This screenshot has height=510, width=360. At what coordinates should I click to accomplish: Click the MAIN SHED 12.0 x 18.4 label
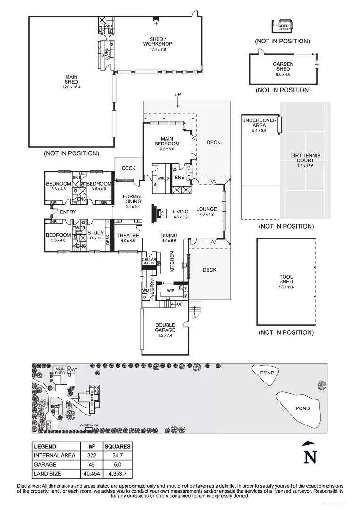pyautogui.click(x=71, y=82)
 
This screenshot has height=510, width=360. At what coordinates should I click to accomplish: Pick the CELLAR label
pyautogui.click(x=149, y=260)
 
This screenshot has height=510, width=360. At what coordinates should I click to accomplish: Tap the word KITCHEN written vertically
pyautogui.click(x=172, y=262)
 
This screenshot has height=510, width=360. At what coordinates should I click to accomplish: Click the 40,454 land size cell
pyautogui.click(x=92, y=474)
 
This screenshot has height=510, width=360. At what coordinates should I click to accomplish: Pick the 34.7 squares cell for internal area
pyautogui.click(x=117, y=456)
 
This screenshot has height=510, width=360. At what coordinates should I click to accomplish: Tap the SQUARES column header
pyautogui.click(x=117, y=446)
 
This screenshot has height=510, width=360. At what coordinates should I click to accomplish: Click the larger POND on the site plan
pyautogui.click(x=299, y=408)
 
